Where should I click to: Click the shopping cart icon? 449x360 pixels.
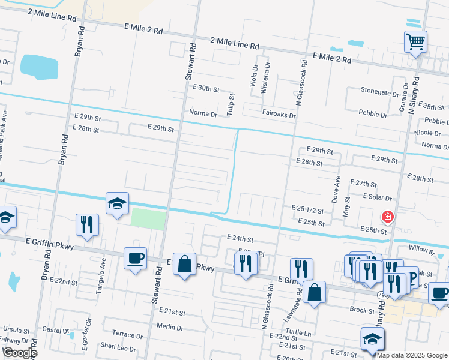[x=415, y=43]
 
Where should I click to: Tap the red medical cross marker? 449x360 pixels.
[x=388, y=217]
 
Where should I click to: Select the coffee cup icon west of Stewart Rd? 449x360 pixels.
[x=135, y=259]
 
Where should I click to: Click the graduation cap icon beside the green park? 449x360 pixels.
[x=117, y=203]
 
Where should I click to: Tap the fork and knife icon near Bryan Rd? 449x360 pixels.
[x=88, y=225]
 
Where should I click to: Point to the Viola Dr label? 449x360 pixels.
[x=253, y=76]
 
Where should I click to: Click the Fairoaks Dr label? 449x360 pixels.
[x=279, y=114]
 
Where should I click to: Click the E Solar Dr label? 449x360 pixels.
[x=377, y=197]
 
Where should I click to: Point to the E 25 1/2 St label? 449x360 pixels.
[x=307, y=210]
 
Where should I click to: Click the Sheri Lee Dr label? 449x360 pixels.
[x=118, y=347]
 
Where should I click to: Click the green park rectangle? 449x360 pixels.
[x=148, y=219]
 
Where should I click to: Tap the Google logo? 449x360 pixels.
[x=19, y=353]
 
